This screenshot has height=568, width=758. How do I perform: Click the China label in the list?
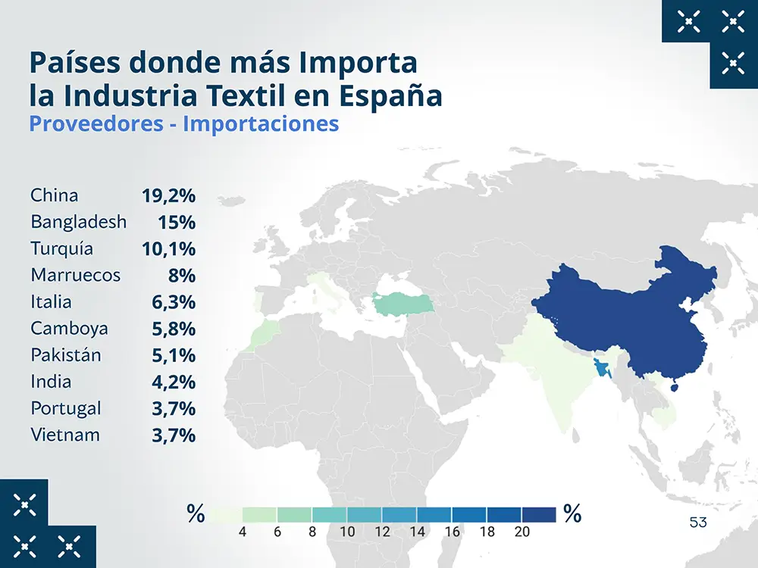pos(55,195)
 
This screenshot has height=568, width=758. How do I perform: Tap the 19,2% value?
pos(168,196)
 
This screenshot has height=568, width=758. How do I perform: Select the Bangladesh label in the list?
pos(79,223)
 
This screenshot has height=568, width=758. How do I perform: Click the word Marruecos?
pos(76,276)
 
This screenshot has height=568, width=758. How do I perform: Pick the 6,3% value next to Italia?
pos(174,302)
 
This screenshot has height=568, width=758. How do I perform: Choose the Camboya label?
pos(69,329)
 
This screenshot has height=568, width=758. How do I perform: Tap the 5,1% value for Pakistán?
pos(174,355)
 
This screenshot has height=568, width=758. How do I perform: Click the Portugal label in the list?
pos(66,409)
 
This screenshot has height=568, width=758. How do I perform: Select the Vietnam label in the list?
pos(65,435)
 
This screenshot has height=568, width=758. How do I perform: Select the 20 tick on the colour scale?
pos(522,532)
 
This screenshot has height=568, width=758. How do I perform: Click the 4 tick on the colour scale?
pos(242,532)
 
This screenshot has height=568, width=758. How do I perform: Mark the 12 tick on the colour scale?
pos(382,532)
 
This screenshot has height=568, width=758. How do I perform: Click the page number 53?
pos(698,523)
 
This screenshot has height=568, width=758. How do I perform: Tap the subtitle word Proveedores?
pos(96,123)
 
